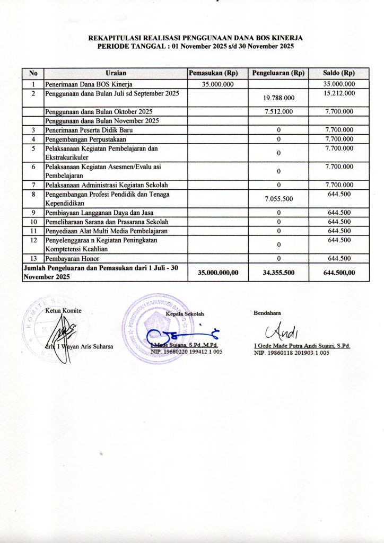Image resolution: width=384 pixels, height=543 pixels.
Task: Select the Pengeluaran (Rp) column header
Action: coord(278,73)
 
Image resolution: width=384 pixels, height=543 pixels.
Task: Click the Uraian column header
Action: coord(116,73)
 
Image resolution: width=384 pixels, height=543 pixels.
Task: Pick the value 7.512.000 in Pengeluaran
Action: coord(278,111)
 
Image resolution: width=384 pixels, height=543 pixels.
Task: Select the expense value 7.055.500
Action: coord(278,199)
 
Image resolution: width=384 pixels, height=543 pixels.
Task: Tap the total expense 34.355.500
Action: coord(278,273)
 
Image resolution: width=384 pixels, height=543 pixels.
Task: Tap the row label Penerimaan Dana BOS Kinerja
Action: coord(89,84)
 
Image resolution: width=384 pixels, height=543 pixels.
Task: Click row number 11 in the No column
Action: coord(33,231)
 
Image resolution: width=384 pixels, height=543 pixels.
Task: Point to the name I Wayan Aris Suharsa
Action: coord(84,347)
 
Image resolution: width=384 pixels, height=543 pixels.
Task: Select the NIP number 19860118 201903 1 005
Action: coord(292,352)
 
